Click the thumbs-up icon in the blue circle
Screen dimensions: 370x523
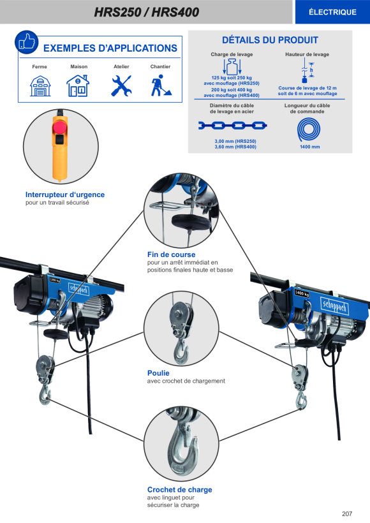(26, 42)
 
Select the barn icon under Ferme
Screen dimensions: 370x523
(40, 86)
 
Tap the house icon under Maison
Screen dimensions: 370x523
(78, 85)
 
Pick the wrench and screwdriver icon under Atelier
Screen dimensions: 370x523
(121, 85)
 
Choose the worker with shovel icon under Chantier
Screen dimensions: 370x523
(161, 85)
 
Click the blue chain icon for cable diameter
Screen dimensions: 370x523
(233, 126)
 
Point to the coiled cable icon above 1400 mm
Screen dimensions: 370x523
(309, 129)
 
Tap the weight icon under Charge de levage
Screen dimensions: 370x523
(232, 67)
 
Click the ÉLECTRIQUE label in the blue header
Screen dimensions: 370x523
(332, 12)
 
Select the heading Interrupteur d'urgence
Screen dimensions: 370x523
(65, 195)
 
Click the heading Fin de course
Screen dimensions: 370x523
(171, 254)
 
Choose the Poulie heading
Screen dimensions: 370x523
(158, 373)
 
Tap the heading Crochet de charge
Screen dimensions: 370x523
(179, 490)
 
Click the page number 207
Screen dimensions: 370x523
(347, 513)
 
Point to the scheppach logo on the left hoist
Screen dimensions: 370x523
(78, 289)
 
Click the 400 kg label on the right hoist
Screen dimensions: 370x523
(302, 293)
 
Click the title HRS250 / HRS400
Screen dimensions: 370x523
(147, 12)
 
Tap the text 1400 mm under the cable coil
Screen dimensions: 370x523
(309, 147)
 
